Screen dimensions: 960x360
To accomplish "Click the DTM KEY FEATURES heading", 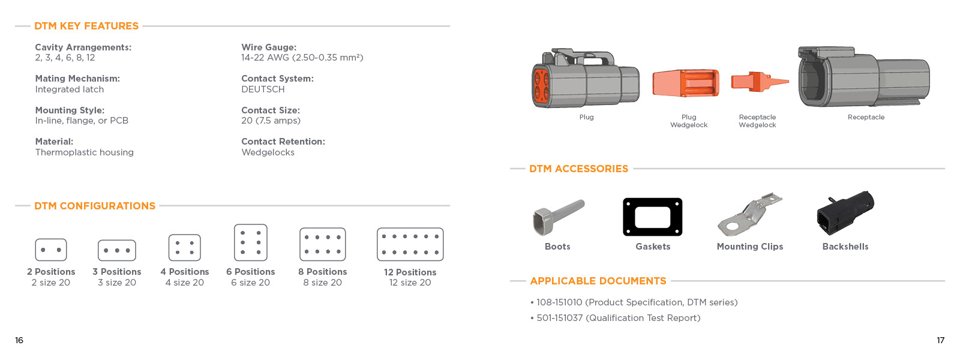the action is click(x=86, y=26).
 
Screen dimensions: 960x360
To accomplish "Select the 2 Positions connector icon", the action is click(x=51, y=250).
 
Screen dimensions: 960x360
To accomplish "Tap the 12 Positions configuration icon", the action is click(x=410, y=244).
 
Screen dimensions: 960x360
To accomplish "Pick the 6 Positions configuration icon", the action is click(x=251, y=242).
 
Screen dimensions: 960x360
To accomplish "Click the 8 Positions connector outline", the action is click(x=323, y=244).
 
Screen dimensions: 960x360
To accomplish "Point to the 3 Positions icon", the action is click(x=117, y=250).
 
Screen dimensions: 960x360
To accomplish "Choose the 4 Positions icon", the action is click(x=185, y=248).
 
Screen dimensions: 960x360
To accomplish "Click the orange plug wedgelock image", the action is click(x=686, y=83).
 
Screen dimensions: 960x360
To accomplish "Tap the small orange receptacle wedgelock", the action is click(x=758, y=82).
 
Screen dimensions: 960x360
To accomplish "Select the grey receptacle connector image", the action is click(x=863, y=78).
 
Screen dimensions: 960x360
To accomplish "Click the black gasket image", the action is click(x=653, y=217).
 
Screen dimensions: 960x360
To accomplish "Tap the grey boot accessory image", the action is click(x=557, y=217).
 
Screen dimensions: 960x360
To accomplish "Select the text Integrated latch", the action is click(x=70, y=89).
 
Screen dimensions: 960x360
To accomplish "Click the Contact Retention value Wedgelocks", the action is click(x=268, y=152).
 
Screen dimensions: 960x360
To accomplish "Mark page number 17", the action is click(x=940, y=340).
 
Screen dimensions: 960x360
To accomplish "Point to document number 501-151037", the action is click(x=559, y=318).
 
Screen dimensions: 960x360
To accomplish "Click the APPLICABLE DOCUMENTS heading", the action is click(x=598, y=281).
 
